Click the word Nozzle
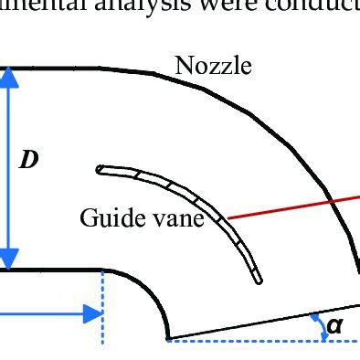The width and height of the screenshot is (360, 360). coord(213,66)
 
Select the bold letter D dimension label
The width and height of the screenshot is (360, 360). coord(29,161)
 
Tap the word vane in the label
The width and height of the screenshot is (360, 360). coord(177,218)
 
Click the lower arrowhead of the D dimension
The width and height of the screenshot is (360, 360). coord(8,259)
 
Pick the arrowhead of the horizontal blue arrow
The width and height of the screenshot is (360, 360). coord(92,314)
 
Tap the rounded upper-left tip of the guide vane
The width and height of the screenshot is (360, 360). coord(100,168)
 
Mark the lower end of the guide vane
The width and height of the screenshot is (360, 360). coord(259,279)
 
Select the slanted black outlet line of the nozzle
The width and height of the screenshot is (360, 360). coord(265,321)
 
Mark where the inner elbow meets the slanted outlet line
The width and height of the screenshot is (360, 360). coord(168,338)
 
